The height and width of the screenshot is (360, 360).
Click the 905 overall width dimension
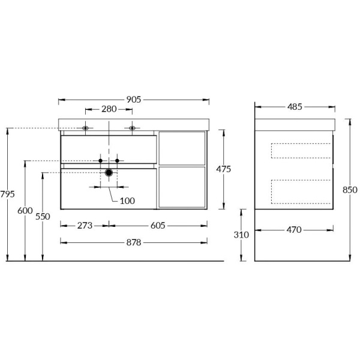pos(133,100)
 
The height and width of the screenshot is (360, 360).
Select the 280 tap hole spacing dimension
pos(109,110)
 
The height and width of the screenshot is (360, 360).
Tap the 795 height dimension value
pos(7,194)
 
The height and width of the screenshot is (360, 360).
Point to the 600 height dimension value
pos(25,211)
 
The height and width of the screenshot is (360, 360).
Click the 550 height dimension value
pos(43,217)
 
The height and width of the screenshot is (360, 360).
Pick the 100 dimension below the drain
pos(127,200)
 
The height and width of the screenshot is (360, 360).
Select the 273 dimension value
pos(85,226)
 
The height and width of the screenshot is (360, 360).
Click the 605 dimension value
pos(157,226)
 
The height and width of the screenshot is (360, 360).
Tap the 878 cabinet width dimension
pos(133,242)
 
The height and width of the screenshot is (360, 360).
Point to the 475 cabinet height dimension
pos(223,169)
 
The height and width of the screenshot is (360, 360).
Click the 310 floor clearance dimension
pos(241,235)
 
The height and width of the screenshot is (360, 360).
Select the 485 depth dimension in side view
pos(295,107)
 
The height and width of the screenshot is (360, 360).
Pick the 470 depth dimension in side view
pos(294,229)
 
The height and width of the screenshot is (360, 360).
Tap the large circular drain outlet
pos(109,173)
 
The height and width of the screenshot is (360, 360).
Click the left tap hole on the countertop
pos(85,128)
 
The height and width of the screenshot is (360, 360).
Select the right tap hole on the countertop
pos(132,128)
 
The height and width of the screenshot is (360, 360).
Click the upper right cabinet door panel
pos(182,148)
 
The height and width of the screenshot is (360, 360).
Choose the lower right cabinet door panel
pos(182,187)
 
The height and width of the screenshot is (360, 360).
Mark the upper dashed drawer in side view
pos(301,151)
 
